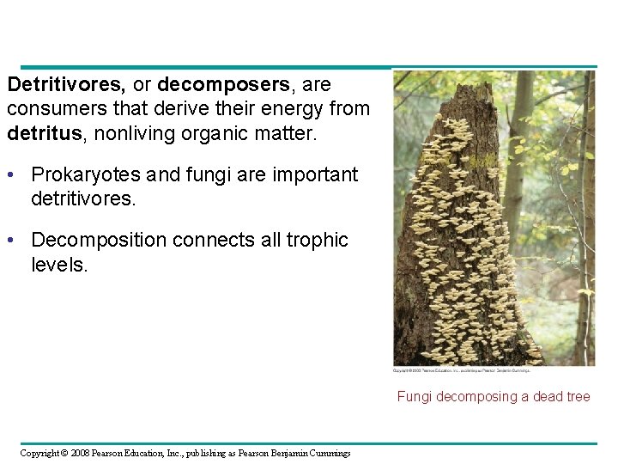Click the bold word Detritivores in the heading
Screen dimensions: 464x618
(65, 85)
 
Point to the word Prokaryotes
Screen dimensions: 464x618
(85, 174)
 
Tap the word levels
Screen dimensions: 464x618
(59, 265)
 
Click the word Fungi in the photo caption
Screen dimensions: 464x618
(413, 397)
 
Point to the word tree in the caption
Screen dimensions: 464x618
(577, 397)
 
